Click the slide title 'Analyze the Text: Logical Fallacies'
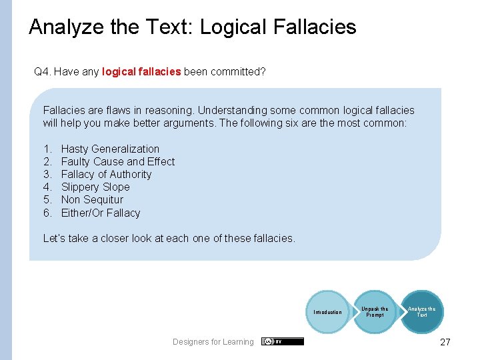pyautogui.click(x=193, y=27)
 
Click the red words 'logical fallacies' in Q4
pyautogui.click(x=141, y=71)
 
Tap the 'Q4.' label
pyautogui.click(x=42, y=71)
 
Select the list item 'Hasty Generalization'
pyautogui.click(x=110, y=149)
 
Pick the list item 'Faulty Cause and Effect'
pyautogui.click(x=117, y=161)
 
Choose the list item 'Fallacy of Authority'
pyautogui.click(x=106, y=174)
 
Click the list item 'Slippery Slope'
pyautogui.click(x=95, y=187)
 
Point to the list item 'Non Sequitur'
pyautogui.click(x=92, y=199)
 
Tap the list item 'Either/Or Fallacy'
pyautogui.click(x=101, y=213)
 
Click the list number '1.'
pyautogui.click(x=47, y=149)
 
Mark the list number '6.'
pyautogui.click(x=47, y=213)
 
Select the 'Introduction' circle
pyautogui.click(x=327, y=312)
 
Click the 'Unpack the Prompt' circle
pyautogui.click(x=375, y=311)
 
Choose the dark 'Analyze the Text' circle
pyautogui.click(x=421, y=311)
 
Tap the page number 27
pyautogui.click(x=445, y=342)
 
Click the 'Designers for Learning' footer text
pyautogui.click(x=213, y=342)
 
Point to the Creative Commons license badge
pyautogui.click(x=283, y=341)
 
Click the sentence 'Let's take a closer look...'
pyautogui.click(x=169, y=238)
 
